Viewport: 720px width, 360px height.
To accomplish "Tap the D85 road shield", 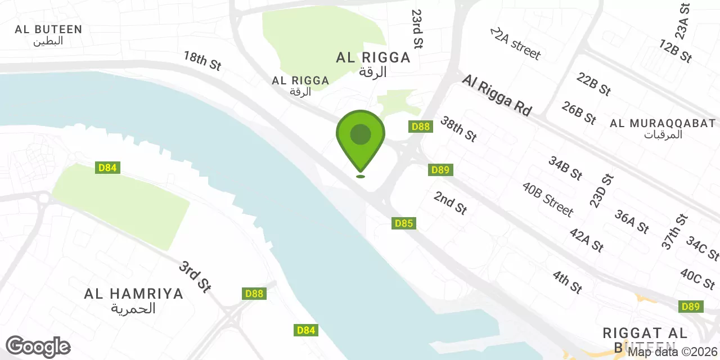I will point(404,223).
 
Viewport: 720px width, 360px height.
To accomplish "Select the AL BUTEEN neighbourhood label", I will point(48,34).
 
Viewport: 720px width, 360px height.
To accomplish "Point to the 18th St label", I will point(202,61).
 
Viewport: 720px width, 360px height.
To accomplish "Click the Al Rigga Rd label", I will point(497,96).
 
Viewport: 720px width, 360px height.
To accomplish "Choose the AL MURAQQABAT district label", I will point(663,128).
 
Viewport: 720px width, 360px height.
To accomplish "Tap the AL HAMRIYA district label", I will point(134,300).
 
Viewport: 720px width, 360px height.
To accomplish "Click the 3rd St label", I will point(195,276).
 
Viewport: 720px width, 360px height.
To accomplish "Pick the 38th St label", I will point(458,129).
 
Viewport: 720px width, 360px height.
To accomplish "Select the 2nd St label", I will point(450,202).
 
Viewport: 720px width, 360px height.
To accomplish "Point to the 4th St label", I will point(567,282).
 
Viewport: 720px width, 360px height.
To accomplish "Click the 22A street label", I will point(515,43).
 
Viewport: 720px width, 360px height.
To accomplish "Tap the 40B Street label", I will point(547,199).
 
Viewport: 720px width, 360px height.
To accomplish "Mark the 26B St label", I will point(578,113).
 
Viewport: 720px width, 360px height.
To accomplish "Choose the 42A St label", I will point(587,240).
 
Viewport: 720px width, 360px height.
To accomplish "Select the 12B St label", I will point(676,51).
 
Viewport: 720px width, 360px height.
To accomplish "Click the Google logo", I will point(38,347).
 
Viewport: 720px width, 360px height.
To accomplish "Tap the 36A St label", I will point(632,222).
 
